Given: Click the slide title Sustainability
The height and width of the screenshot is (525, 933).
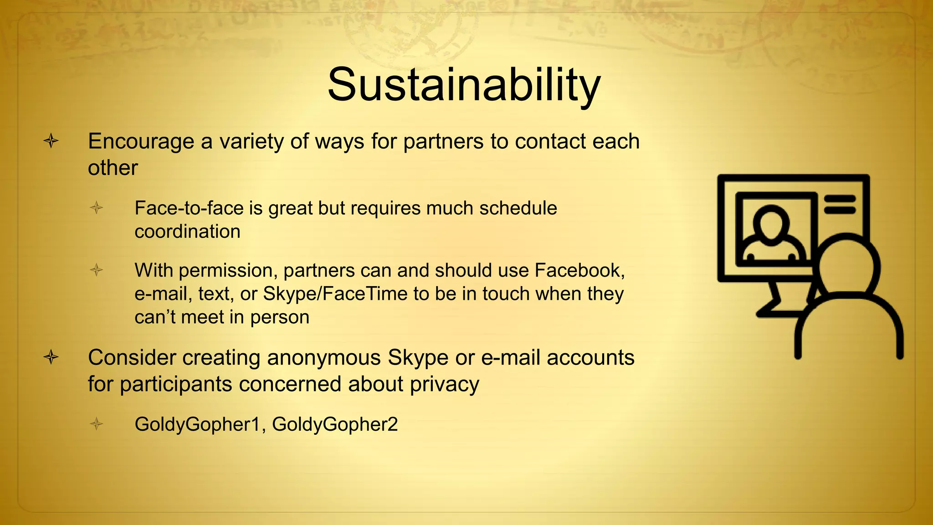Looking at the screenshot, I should click(464, 85).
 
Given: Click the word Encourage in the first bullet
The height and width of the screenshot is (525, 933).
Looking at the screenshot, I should click(141, 142).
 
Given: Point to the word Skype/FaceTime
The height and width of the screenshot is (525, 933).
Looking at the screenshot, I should click(335, 294).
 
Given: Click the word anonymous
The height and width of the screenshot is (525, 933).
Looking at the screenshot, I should click(323, 358).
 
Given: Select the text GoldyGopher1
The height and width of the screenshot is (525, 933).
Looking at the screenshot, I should click(197, 425).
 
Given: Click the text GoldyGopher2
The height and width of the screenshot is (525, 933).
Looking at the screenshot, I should click(335, 425).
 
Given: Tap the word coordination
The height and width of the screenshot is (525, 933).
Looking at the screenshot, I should click(187, 232).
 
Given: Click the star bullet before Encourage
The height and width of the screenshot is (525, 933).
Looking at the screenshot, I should click(51, 141).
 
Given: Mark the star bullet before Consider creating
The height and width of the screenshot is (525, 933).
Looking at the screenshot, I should click(51, 357).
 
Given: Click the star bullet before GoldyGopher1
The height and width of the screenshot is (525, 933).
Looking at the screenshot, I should click(97, 424).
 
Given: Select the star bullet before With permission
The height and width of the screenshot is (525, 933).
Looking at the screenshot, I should click(97, 270).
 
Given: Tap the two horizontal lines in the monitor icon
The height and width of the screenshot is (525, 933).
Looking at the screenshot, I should click(840, 204).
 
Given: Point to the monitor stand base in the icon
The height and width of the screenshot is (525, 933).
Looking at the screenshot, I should click(777, 313).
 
